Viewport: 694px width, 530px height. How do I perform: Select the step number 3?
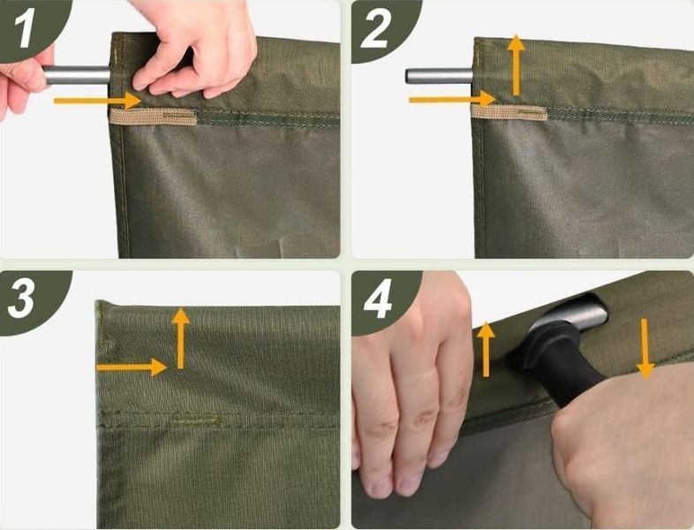click(21, 299)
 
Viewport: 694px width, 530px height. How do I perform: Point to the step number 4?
click(378, 299)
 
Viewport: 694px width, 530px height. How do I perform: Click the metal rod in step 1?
click(77, 75)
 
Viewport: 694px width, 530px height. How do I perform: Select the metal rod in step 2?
click(439, 76)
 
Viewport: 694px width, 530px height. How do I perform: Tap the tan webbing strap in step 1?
click(153, 117)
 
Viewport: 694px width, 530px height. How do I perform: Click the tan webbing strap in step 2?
click(509, 112)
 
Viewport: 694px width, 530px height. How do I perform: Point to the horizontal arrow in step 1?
click(97, 101)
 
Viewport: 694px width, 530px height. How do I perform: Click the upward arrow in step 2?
click(516, 64)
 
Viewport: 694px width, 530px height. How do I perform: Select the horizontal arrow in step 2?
click(452, 99)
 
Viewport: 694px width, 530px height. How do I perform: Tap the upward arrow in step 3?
click(181, 338)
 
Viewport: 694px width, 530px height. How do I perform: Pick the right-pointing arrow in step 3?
click(132, 367)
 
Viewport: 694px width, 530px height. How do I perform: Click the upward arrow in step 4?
click(486, 349)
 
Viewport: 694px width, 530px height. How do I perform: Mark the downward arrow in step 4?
click(645, 348)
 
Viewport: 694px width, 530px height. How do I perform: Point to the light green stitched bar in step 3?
click(195, 419)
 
